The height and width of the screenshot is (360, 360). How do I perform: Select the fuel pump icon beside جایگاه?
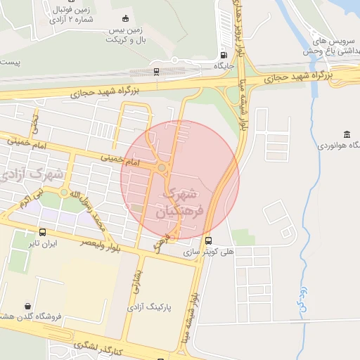coord(224,55)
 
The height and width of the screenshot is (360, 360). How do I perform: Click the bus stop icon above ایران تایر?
coord(43,233)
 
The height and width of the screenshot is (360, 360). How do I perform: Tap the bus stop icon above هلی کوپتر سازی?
coord(207,241)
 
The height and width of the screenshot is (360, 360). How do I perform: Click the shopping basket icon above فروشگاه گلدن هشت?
coord(27,306)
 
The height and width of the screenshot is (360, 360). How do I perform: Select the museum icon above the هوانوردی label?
coord(347,134)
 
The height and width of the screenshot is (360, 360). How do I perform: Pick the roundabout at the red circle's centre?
coord(162,167)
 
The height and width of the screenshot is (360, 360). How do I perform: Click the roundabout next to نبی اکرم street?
coord(64,192)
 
